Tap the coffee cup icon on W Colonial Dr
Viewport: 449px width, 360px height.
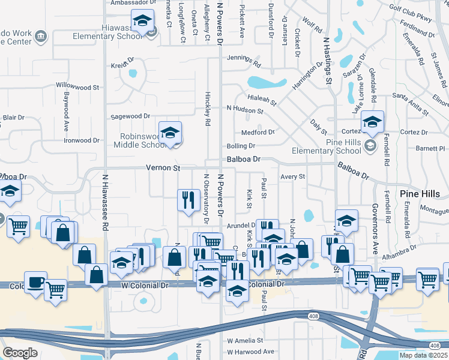(x=35, y=282)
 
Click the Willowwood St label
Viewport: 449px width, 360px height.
(x=77, y=86)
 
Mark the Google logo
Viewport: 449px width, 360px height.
(x=20, y=353)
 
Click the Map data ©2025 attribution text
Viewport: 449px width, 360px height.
(x=424, y=355)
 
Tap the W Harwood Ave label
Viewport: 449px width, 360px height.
(x=250, y=352)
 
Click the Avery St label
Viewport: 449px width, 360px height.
(x=293, y=177)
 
